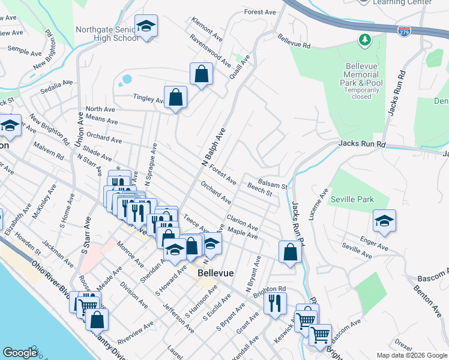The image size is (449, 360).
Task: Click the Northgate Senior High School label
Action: (107, 34)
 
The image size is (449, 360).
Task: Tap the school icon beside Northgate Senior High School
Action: (146, 26)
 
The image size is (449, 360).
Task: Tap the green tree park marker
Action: (363, 41)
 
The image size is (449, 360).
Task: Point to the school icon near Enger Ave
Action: (384, 221)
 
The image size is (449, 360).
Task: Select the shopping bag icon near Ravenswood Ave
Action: (202, 75)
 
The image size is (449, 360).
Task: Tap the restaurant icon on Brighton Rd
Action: (275, 302)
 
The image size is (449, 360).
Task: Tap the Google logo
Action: (20, 353)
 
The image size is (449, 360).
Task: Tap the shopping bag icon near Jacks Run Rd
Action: (290, 253)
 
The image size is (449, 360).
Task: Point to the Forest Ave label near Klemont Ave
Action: (260, 11)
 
